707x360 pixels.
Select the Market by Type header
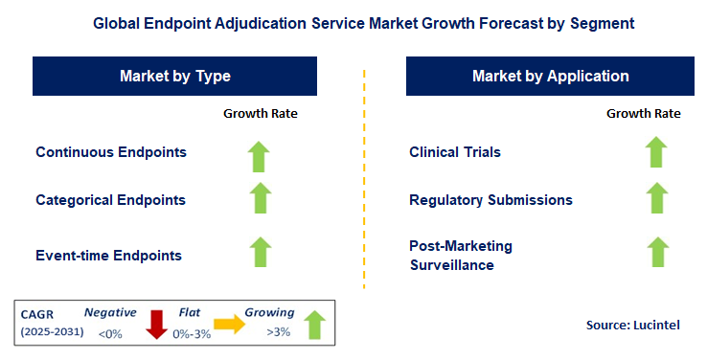175,77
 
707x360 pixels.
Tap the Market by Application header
550,77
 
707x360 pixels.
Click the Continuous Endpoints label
111,152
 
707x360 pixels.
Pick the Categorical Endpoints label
111,200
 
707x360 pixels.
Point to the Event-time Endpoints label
108,256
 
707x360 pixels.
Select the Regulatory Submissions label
490,200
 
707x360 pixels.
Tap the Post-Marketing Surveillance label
461,256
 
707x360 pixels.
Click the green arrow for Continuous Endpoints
260,154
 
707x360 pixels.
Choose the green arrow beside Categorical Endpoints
260,198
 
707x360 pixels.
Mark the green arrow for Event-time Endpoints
260,253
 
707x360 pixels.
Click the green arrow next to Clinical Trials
655,152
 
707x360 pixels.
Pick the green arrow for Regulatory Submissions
655,198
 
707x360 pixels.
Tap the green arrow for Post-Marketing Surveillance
655,252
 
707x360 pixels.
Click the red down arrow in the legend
156,325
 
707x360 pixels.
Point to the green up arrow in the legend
312,325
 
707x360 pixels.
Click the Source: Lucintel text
632,326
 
